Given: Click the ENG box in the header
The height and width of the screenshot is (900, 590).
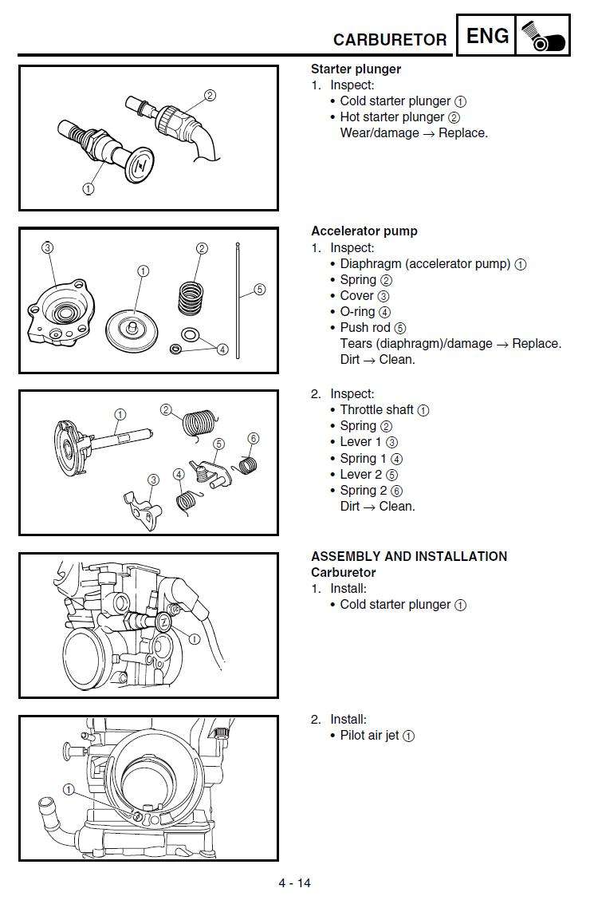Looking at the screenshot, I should [486, 36].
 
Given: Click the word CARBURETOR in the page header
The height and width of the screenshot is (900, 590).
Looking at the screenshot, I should [390, 40].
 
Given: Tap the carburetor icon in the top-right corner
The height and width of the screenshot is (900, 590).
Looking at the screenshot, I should [543, 36].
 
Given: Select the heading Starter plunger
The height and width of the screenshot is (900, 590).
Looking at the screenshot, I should [356, 69].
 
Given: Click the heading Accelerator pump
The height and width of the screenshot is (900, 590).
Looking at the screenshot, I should [364, 231].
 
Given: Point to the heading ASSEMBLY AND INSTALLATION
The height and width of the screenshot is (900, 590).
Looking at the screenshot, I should [409, 557].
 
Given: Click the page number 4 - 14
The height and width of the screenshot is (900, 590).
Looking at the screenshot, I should [295, 882].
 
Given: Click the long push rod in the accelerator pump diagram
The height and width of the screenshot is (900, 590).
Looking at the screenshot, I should [238, 303].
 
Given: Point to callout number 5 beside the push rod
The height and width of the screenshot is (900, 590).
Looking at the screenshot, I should [260, 290].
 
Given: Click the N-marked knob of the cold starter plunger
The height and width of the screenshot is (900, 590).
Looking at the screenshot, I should [140, 165].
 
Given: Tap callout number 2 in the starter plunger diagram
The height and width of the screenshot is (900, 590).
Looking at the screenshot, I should [210, 95].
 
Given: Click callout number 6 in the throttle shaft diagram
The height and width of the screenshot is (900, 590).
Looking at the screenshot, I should [254, 438].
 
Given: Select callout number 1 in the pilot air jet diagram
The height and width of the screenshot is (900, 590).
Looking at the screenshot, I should [69, 790].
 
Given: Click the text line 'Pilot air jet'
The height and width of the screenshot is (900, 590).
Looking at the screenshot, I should [369, 736].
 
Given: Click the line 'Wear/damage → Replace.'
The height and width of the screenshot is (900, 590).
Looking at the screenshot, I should [414, 133].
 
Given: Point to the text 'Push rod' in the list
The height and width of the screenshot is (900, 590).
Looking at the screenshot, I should [365, 328].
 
